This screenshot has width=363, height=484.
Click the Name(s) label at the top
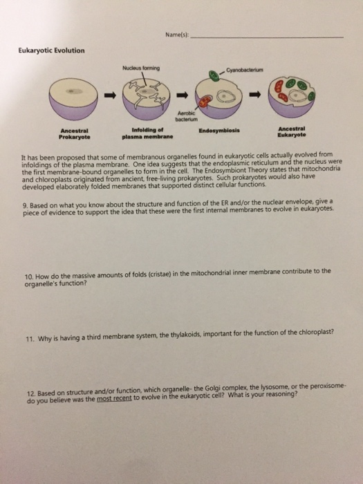point(178,35)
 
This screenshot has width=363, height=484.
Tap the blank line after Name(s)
point(267,37)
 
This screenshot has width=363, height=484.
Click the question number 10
point(27,271)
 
